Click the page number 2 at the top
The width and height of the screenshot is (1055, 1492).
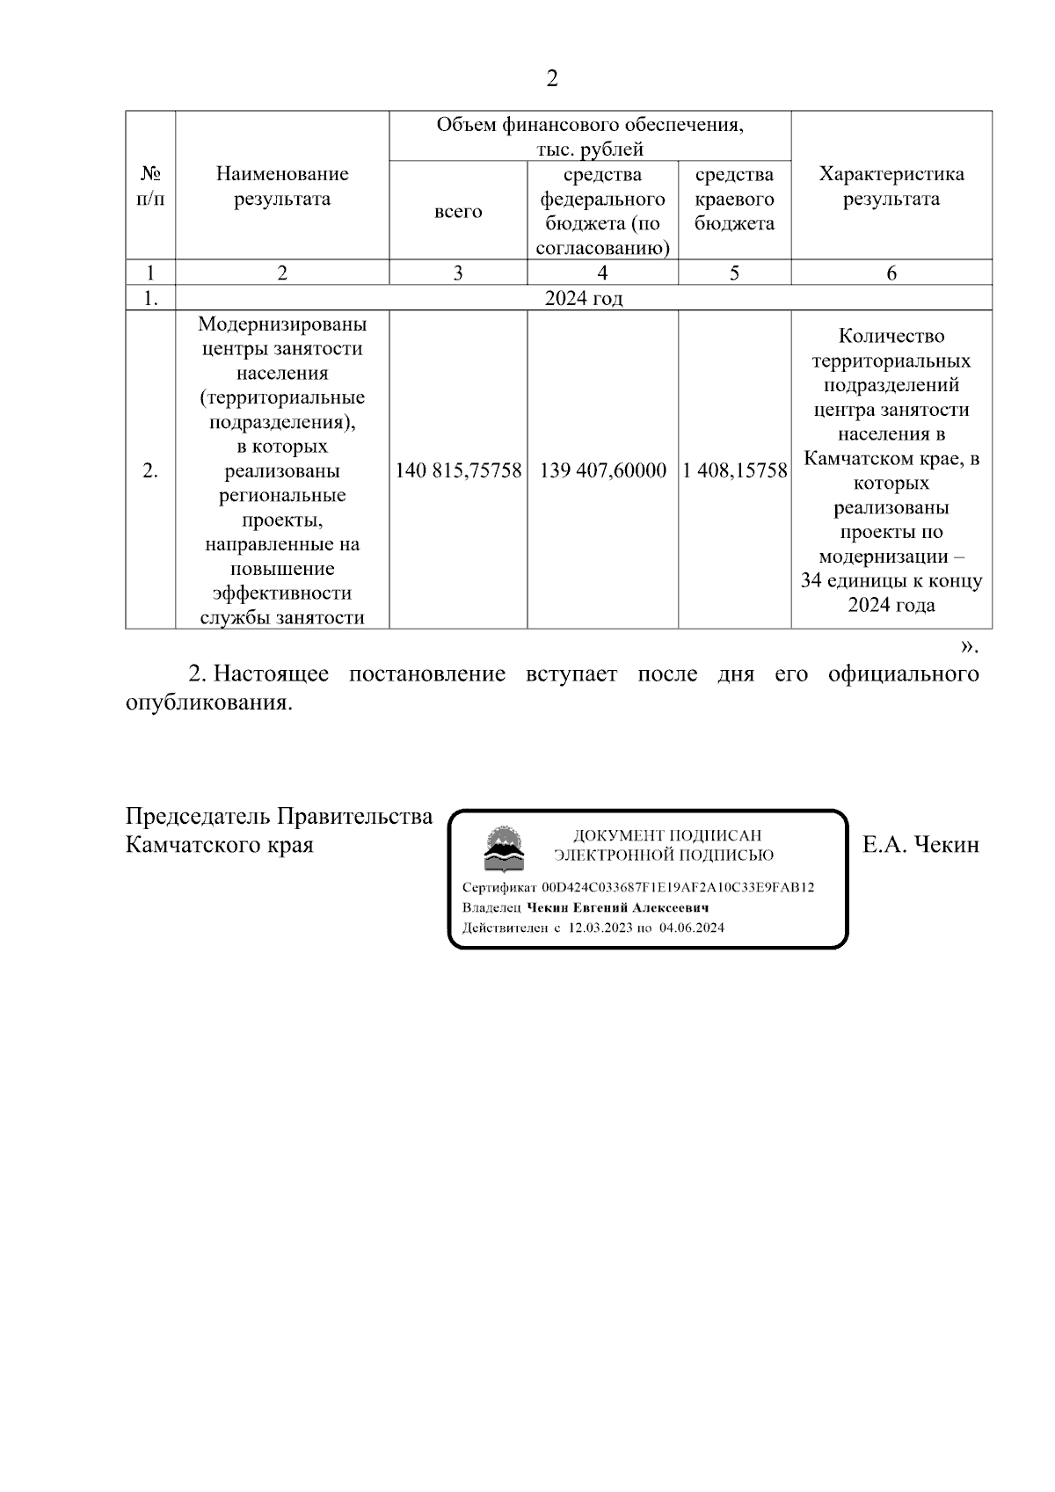point(551,79)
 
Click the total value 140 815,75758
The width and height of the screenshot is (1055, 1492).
point(458,470)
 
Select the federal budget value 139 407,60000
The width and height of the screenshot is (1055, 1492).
point(602,470)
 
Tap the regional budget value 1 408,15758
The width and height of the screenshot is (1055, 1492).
point(735,470)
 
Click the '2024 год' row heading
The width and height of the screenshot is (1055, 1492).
point(584,298)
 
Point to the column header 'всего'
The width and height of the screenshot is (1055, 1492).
point(458,211)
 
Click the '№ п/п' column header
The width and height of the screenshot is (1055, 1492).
point(150,186)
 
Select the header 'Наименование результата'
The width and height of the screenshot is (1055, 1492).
point(282,186)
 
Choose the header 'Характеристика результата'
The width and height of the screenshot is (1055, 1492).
point(891,186)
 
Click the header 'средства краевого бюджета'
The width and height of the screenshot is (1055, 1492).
point(734,199)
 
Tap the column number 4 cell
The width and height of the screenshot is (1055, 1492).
point(602,273)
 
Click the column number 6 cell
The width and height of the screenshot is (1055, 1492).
point(891,273)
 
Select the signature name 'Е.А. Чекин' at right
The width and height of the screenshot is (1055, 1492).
point(920,845)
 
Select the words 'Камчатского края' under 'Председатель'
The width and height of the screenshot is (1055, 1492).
point(220,845)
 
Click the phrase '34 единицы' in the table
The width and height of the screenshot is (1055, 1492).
point(846,581)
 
